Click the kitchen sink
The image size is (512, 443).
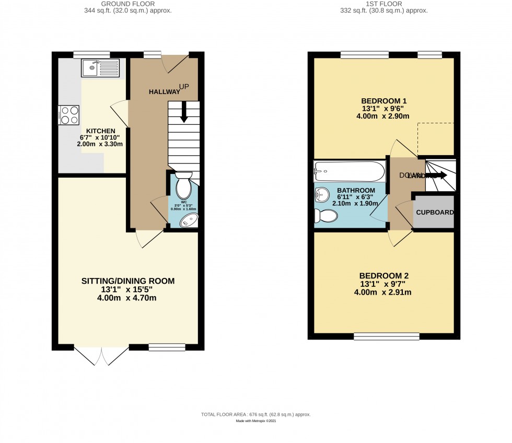tap(100, 68)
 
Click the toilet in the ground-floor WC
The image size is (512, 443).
tap(184, 186)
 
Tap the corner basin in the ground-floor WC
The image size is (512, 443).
tap(188, 220)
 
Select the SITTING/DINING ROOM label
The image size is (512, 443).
tap(128, 281)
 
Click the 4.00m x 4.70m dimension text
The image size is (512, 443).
tap(128, 298)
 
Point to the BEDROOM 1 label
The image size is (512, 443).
tap(384, 101)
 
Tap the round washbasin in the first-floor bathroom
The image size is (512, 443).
tap(323, 194)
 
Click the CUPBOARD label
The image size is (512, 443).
tap(435, 213)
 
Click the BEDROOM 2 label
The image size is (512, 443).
tap(384, 276)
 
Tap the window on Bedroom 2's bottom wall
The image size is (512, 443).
tap(387, 336)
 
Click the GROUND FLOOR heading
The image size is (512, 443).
tap(128, 4)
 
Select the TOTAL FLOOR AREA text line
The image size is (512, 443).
tap(256, 414)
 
